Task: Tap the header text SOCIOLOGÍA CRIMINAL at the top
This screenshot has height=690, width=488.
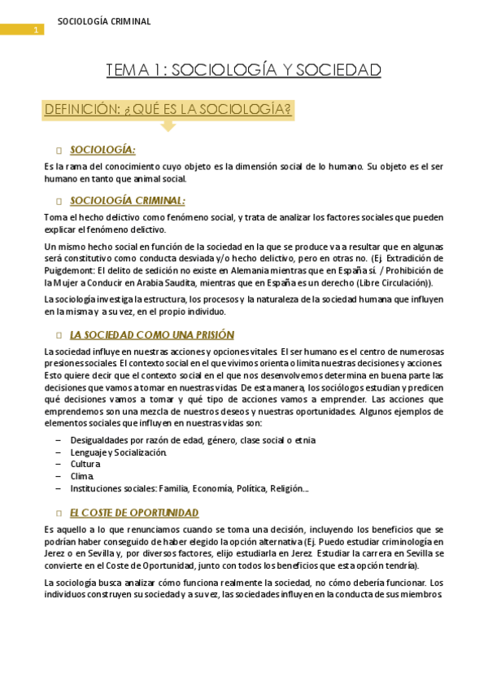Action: point(104,22)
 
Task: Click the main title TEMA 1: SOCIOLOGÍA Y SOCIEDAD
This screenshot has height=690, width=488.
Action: point(243,71)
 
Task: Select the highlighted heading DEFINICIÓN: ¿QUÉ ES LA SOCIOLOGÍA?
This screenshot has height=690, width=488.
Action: point(168,109)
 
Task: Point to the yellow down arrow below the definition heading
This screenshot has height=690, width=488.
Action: point(168,125)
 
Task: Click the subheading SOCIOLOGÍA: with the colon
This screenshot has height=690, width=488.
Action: point(102,150)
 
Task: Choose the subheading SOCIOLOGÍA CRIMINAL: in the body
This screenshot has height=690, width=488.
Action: point(128,200)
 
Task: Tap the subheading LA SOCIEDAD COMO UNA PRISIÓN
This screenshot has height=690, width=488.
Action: point(152,334)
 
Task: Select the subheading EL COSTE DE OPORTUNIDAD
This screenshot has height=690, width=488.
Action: point(134,513)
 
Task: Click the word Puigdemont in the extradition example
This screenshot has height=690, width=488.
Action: point(73,270)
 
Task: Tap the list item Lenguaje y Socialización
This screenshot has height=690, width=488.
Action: point(119,452)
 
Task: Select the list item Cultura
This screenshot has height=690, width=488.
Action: point(86,464)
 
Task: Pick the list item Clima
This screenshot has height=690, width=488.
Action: point(82,476)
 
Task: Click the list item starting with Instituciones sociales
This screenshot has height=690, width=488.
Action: point(189,488)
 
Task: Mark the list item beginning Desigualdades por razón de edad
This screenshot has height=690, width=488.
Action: point(193,439)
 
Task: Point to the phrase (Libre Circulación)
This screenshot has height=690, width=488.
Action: point(392,282)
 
